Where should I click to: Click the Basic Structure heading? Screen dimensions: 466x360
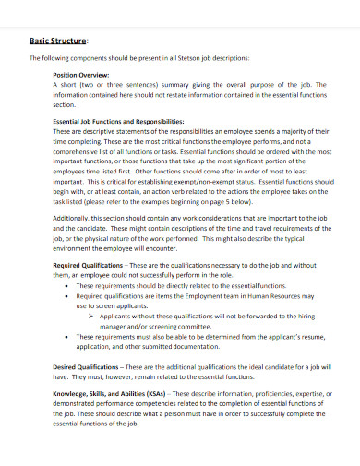pos(56,41)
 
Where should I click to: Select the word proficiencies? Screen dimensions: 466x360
pos(264,394)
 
